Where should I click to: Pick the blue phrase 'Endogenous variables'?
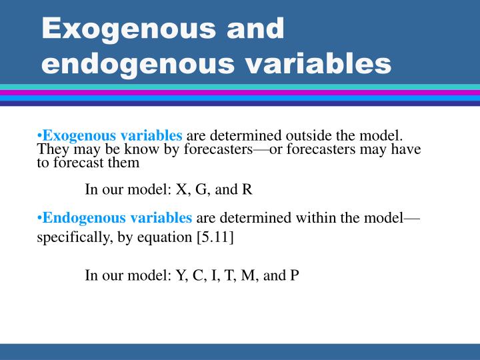(114, 218)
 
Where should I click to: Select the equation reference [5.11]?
(215, 237)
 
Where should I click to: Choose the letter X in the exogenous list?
(181, 189)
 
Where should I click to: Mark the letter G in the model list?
(199, 189)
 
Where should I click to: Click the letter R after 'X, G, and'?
(247, 189)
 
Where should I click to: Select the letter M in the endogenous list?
(247, 275)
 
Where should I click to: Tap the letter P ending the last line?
(294, 275)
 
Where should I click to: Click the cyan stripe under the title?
(240, 87)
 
